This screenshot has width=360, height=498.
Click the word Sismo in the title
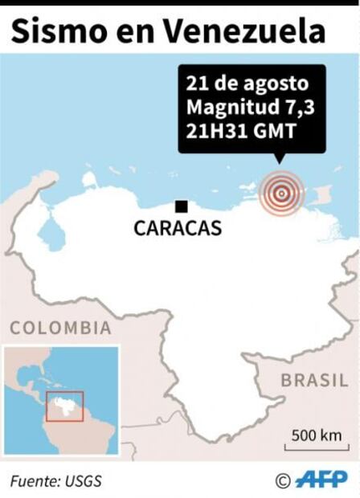(x=52, y=31)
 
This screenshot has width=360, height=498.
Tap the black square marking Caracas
(x=182, y=206)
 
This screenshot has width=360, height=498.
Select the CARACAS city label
(x=178, y=229)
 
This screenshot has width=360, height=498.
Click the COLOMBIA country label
(x=60, y=328)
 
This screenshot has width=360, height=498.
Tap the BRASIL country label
(x=314, y=381)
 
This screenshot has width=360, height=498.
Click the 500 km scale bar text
(x=316, y=435)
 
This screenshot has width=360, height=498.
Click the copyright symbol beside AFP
(x=282, y=480)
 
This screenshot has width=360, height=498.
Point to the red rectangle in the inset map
(x=64, y=406)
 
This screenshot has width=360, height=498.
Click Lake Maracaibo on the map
(x=50, y=232)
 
